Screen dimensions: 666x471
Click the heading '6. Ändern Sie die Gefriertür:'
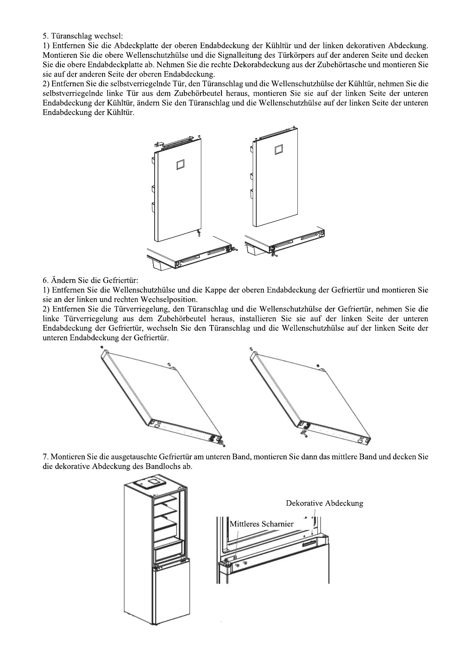(x=90, y=281)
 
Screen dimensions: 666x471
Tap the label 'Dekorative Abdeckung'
(x=324, y=503)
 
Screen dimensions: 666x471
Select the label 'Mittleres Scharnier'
(x=262, y=524)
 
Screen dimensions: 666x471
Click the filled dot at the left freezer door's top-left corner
(x=102, y=347)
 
